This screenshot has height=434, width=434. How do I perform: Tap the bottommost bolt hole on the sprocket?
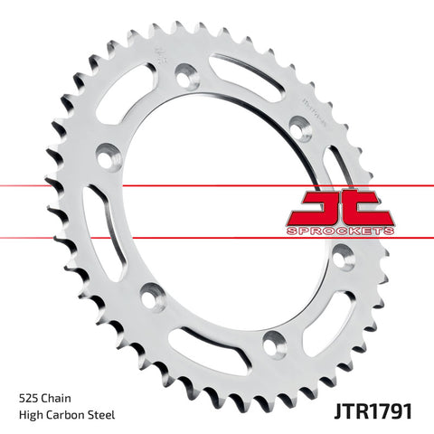pos(269,344)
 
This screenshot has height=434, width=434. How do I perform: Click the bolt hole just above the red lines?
pos(298,125)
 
